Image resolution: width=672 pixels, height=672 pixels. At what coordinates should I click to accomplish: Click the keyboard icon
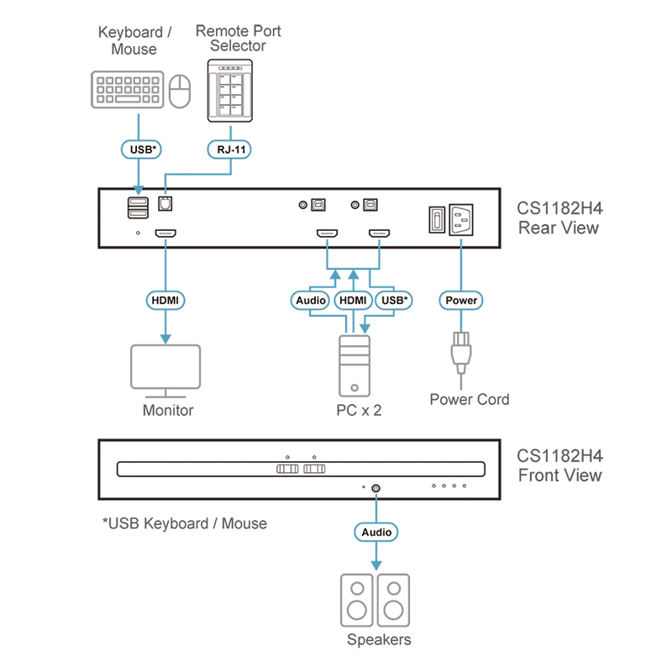[x=128, y=90]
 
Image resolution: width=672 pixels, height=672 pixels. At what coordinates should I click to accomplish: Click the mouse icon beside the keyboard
[x=180, y=91]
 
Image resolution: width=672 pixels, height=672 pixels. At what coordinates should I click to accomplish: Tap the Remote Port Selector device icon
[x=230, y=91]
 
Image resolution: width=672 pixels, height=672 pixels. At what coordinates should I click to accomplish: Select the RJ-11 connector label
[x=229, y=150]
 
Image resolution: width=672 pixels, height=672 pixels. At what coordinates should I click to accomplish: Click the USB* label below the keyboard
[x=141, y=150]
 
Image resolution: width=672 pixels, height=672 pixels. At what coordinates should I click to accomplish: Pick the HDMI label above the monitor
[x=165, y=300]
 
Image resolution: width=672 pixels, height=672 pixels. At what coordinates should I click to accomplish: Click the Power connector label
[x=461, y=300]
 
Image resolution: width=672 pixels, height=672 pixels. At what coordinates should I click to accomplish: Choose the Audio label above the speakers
[x=376, y=532]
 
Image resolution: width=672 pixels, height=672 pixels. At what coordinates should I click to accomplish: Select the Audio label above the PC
[x=310, y=300]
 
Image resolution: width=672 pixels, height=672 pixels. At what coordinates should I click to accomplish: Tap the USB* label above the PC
[x=394, y=300]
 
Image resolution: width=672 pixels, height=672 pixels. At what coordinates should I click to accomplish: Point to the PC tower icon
[x=354, y=366]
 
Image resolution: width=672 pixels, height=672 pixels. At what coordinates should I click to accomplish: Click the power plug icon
[x=461, y=354]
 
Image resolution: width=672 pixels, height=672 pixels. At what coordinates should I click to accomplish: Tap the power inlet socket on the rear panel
[x=461, y=219]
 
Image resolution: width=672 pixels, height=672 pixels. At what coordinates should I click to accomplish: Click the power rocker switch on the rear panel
[x=437, y=220]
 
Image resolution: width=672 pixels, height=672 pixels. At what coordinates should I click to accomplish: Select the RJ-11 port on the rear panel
[x=165, y=203]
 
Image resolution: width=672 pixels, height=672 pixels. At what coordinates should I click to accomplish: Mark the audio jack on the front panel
[x=375, y=488]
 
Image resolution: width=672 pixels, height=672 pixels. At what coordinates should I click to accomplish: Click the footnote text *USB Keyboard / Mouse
[x=185, y=523]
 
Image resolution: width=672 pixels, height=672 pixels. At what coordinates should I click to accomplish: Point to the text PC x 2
[x=359, y=410]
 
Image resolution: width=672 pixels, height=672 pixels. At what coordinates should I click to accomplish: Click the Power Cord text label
[x=470, y=399]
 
